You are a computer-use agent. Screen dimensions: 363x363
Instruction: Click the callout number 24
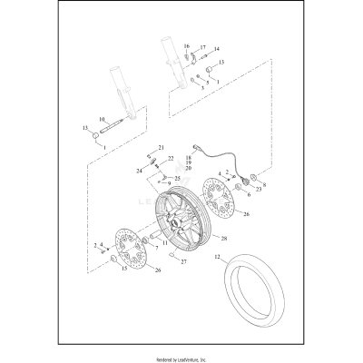140,170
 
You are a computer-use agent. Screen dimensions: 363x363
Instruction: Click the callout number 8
264,184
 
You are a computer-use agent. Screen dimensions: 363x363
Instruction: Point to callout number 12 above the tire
217,257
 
